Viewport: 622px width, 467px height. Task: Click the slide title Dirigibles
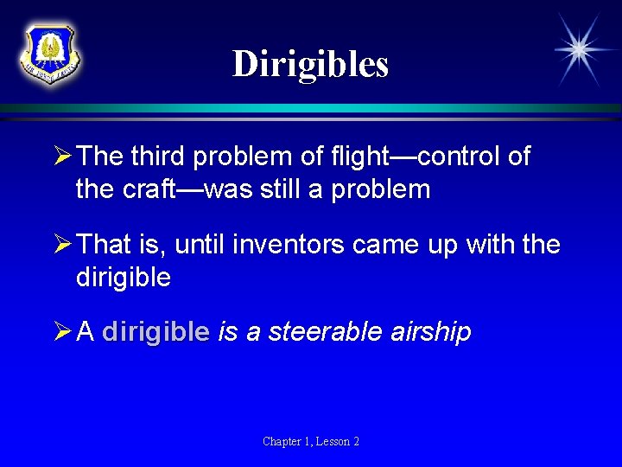tap(310, 63)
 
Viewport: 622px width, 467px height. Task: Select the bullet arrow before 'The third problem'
tap(62, 157)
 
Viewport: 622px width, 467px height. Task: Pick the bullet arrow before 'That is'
tap(62, 245)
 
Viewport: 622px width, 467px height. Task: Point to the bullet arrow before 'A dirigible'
tap(62, 332)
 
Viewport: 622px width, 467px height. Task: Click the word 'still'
tap(283, 189)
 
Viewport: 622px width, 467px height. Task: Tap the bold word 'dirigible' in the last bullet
tap(155, 332)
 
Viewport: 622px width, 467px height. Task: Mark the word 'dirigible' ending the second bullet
tap(123, 278)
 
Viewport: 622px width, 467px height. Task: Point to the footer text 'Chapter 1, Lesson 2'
tap(311, 442)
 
